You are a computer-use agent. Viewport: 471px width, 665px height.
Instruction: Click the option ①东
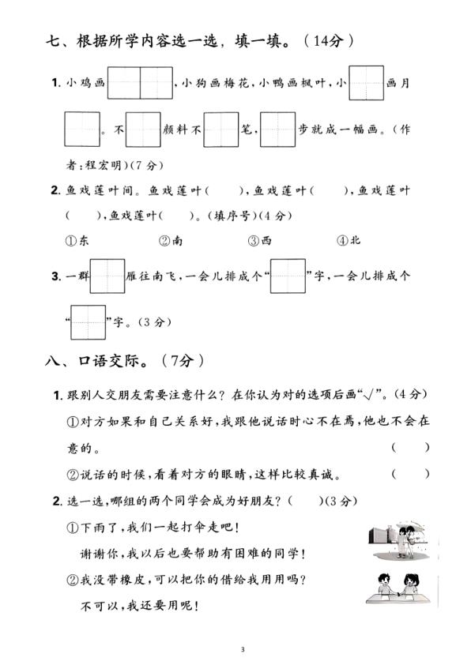tap(77, 241)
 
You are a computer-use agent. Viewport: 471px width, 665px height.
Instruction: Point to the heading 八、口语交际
tap(98, 362)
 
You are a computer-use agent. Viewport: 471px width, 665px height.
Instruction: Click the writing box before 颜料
tap(143, 130)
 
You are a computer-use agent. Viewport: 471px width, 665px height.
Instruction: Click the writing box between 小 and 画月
tap(366, 83)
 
